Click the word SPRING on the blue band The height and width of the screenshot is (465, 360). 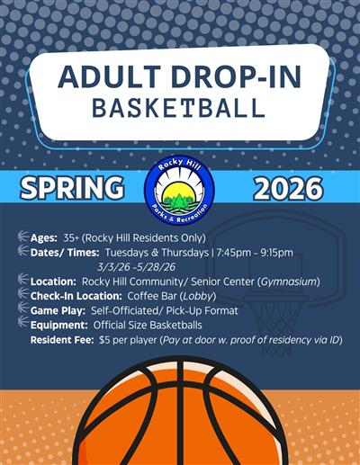(x=73, y=188)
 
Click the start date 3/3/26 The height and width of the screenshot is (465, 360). (x=113, y=266)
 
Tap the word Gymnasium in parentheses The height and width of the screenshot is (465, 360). (x=288, y=282)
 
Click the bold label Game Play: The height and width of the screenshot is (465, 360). (x=59, y=310)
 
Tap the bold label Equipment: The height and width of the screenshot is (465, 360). (x=60, y=325)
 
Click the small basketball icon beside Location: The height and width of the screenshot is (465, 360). (x=22, y=281)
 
